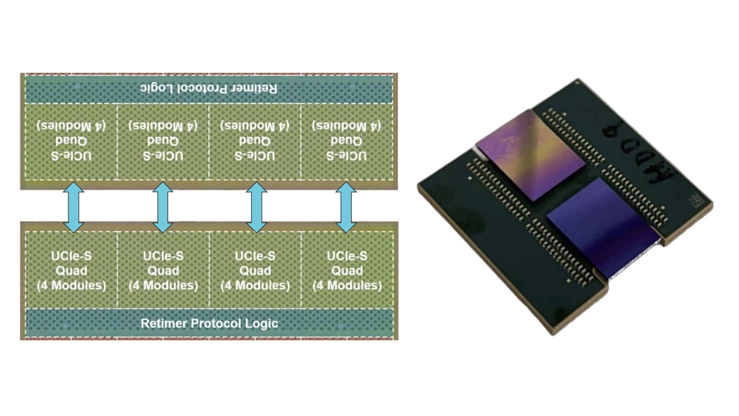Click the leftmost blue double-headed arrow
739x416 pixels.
[73, 207]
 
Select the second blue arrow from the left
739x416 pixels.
[163, 207]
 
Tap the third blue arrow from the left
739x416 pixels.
[255, 207]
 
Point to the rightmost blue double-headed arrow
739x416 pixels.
[347, 207]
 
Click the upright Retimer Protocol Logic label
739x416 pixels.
[209, 323]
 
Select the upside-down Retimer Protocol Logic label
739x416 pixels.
[209, 89]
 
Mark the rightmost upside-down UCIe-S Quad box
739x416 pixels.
[347, 141]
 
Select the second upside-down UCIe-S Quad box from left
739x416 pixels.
[163, 141]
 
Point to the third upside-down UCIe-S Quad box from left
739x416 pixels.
[255, 141]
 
